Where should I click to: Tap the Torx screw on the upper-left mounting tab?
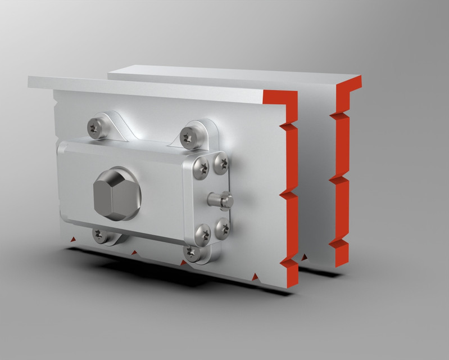coord(95,128)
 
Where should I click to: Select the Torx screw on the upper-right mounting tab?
coord(188,135)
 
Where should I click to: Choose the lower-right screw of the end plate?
coord(223,228)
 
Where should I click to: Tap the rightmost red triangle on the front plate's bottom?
coord(256,276)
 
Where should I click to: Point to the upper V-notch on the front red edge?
coord(290,126)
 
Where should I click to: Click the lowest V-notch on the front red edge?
coord(288,263)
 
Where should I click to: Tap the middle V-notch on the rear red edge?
coord(337,179)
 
